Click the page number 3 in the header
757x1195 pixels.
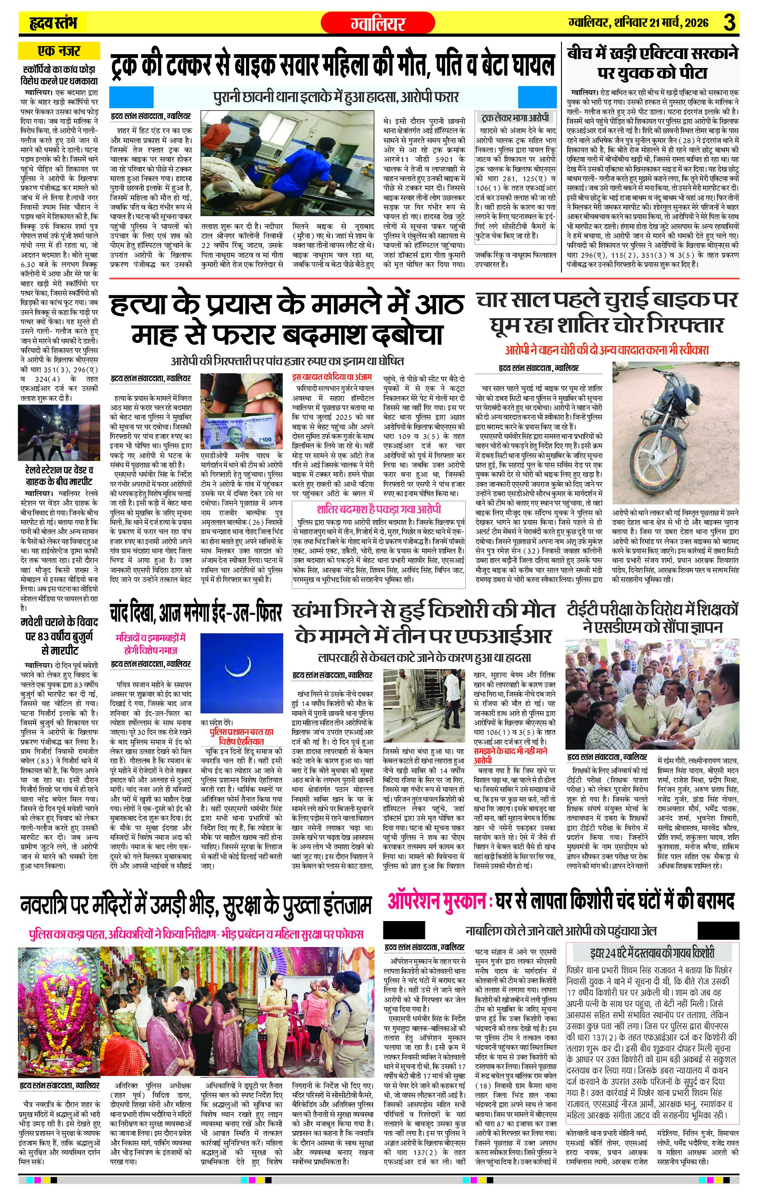[729, 23]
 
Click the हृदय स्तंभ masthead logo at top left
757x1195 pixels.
[52, 23]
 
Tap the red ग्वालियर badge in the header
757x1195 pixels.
[378, 23]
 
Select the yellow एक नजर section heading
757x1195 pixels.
[59, 51]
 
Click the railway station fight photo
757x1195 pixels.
[59, 433]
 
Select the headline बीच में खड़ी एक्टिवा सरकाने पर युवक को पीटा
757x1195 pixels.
[652, 63]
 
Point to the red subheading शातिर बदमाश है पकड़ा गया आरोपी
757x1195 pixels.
[378, 510]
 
